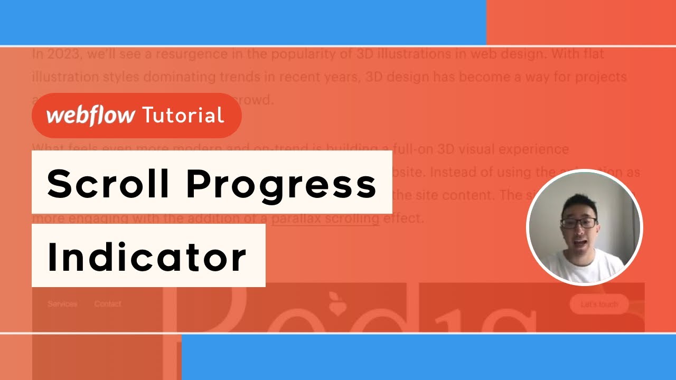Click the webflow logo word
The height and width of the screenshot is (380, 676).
(x=90, y=115)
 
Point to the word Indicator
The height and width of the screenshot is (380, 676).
(x=146, y=257)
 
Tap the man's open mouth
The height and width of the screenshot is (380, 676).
(x=581, y=244)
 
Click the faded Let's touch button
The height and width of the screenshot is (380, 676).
(x=599, y=305)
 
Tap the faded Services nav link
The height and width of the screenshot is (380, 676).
(x=62, y=304)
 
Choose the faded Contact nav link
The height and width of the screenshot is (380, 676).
(x=108, y=304)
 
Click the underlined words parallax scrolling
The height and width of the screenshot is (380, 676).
(x=325, y=218)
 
